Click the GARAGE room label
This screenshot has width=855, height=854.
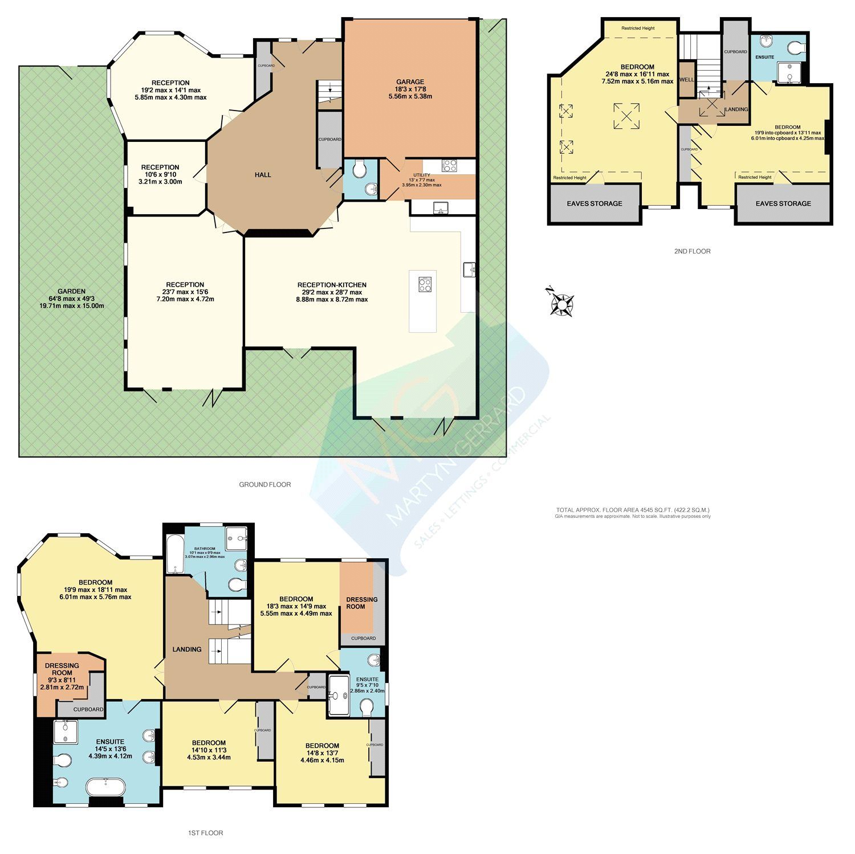pyautogui.click(x=410, y=82)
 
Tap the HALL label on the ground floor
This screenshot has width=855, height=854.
pyautogui.click(x=263, y=175)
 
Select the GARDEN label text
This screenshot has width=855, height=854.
pyautogui.click(x=71, y=291)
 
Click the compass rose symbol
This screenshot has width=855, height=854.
pyautogui.click(x=561, y=303)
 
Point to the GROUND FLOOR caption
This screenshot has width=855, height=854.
pyautogui.click(x=264, y=485)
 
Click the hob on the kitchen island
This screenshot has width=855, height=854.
pyautogui.click(x=424, y=284)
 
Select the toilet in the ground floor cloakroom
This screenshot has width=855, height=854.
pyautogui.click(x=359, y=169)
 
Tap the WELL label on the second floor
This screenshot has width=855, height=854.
pyautogui.click(x=687, y=80)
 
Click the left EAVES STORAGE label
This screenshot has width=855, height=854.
pyautogui.click(x=594, y=203)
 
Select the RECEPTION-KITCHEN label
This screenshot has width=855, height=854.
pyautogui.click(x=332, y=285)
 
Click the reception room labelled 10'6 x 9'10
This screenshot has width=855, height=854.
pyautogui.click(x=161, y=174)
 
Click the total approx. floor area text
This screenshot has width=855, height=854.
pyautogui.click(x=633, y=510)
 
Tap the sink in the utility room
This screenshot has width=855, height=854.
pyautogui.click(x=441, y=207)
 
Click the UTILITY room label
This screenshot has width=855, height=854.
pyautogui.click(x=422, y=176)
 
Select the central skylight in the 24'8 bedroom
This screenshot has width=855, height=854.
pyautogui.click(x=626, y=116)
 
